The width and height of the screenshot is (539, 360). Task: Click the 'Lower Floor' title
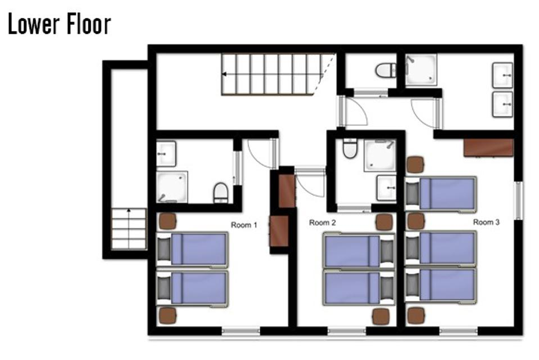point(60,24)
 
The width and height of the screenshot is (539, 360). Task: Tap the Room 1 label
point(244,225)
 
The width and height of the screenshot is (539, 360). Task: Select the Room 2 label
point(322,223)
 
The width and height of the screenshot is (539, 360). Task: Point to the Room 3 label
point(486,222)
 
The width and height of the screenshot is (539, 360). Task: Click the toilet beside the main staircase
point(386,70)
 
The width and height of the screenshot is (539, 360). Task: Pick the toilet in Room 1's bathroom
point(221,193)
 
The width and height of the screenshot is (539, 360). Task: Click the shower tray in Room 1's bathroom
point(172,187)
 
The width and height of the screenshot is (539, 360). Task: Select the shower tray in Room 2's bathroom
point(380,155)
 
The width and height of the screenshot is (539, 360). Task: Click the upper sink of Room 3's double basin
point(502,75)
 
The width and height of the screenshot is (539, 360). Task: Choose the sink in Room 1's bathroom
point(166,154)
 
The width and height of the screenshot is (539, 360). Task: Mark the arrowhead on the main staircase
point(224,74)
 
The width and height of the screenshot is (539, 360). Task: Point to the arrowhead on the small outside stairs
point(128,210)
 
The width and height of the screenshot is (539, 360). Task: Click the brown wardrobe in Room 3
point(488,148)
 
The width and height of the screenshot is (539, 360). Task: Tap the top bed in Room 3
point(440,194)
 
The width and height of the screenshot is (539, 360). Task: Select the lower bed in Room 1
point(192,289)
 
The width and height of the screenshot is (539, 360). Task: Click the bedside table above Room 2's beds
point(384,222)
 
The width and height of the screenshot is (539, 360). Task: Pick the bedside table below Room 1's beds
point(167,315)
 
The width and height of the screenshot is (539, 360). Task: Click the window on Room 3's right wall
point(518,201)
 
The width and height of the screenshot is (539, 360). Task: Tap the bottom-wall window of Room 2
point(346,331)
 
